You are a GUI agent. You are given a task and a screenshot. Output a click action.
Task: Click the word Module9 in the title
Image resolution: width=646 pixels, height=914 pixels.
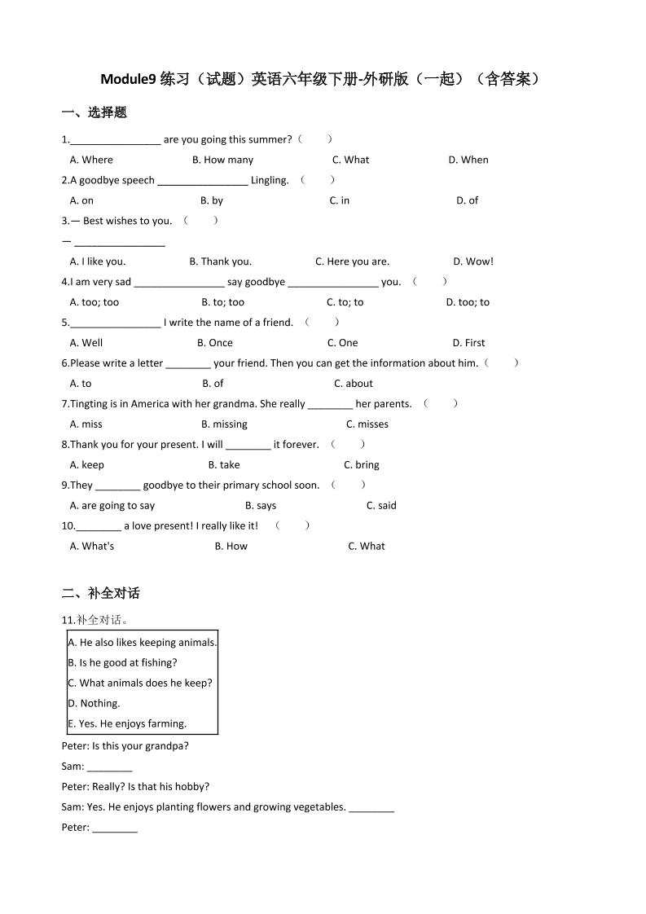(x=129, y=79)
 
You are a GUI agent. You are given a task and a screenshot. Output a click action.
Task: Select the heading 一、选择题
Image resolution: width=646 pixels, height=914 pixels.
(x=94, y=112)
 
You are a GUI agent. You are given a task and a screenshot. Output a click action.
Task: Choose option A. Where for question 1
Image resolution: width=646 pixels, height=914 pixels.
(x=91, y=160)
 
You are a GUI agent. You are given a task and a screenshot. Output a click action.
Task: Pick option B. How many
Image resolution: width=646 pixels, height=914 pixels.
(x=222, y=160)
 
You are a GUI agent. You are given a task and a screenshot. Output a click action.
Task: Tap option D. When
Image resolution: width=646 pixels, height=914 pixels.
(x=468, y=160)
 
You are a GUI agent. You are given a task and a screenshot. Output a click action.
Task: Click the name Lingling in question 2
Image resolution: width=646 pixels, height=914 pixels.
(x=269, y=180)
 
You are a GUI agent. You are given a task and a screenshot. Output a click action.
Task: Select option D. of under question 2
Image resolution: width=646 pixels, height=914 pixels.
(x=467, y=200)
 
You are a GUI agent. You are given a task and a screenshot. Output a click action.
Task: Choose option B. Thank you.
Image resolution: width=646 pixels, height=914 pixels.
(x=221, y=261)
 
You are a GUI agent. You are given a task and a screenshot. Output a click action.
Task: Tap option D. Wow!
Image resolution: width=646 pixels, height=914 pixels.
(x=473, y=261)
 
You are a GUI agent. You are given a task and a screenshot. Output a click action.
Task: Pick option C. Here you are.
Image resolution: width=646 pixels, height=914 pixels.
(x=352, y=261)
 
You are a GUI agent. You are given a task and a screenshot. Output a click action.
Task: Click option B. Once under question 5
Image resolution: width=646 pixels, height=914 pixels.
(x=215, y=343)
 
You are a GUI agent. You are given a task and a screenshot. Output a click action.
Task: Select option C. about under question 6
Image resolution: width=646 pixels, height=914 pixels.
(x=354, y=384)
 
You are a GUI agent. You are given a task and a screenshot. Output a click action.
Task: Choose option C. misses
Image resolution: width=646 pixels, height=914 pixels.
(x=367, y=424)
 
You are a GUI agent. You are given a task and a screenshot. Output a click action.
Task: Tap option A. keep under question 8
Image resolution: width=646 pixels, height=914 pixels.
(x=87, y=465)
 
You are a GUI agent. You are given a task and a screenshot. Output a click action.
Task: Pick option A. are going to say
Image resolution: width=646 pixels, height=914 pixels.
(x=112, y=506)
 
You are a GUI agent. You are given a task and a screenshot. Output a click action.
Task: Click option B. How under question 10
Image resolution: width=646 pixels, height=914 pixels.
(x=231, y=547)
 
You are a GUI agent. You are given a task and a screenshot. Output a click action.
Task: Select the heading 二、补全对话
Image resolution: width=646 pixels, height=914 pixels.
(x=101, y=593)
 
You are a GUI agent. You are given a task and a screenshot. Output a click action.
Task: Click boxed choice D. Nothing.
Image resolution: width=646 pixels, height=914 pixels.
(x=94, y=703)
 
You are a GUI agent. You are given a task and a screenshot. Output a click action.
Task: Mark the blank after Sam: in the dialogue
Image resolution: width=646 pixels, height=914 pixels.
(x=109, y=767)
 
